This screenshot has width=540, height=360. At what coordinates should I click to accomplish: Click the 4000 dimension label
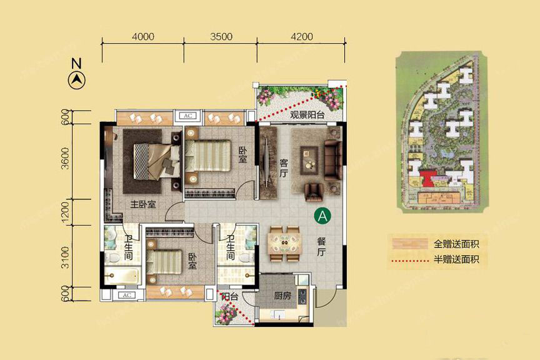(143, 36)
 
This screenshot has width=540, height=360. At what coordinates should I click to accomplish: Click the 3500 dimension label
(221, 36)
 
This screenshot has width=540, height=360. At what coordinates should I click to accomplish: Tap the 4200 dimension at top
(302, 36)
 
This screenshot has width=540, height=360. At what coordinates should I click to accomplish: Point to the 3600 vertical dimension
(65, 159)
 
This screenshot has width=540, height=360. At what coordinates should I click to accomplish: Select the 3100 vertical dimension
(65, 257)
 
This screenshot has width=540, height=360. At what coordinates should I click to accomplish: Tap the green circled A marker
(322, 216)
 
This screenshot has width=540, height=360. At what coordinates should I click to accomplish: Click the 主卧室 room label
(143, 204)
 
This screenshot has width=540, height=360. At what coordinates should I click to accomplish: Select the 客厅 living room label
(283, 168)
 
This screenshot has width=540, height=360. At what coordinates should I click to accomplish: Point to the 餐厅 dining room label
(321, 246)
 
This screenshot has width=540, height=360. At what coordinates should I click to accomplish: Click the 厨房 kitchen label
(282, 296)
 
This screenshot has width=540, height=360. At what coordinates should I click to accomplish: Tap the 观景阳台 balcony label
(307, 115)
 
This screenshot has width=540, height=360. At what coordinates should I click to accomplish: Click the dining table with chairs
(285, 244)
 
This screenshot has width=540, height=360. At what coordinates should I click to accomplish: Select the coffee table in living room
(309, 161)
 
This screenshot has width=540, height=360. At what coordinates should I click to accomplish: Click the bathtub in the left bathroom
(122, 276)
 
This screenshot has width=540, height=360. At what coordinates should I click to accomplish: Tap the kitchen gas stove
(302, 297)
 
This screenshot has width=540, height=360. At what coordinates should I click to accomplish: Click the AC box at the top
(188, 116)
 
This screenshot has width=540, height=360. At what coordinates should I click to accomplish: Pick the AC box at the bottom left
(127, 295)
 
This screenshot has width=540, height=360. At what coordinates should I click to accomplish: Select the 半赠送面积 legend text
(456, 259)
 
